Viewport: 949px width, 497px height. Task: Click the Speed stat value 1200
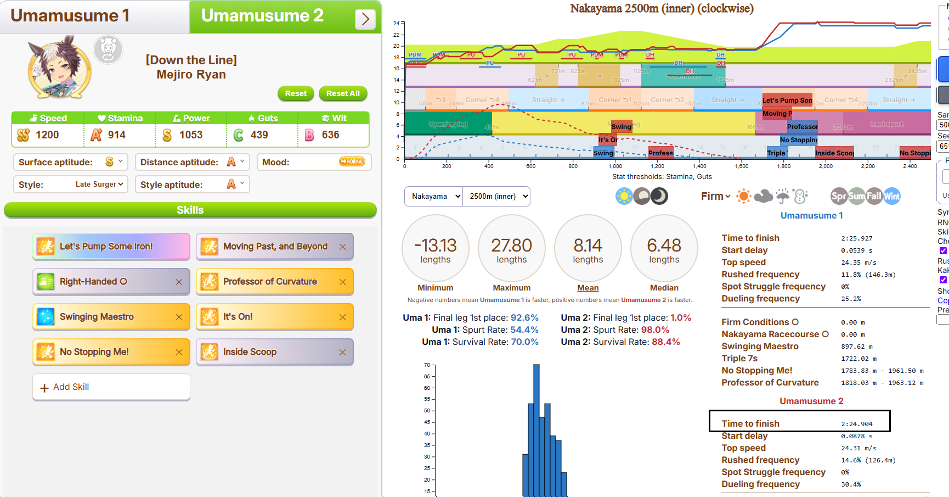47,135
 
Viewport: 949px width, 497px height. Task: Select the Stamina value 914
116,135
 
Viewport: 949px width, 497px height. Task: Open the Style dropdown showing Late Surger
99,185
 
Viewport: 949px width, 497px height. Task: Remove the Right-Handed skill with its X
179,282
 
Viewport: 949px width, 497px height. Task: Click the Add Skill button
111,387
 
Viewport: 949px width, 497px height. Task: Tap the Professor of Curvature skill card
270,282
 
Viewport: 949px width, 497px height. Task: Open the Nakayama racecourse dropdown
433,196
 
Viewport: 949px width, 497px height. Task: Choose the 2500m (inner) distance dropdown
496,196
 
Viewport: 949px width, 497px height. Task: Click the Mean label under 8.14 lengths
588,288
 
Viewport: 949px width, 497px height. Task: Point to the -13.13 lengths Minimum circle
436,248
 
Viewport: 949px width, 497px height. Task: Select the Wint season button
891,196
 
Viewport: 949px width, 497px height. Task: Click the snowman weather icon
800,196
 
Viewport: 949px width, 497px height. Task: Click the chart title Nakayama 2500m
662,8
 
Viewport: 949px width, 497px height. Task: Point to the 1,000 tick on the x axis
615,166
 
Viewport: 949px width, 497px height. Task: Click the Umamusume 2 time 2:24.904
856,424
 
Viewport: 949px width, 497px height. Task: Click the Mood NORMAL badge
352,161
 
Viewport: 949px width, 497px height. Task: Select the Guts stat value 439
259,135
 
